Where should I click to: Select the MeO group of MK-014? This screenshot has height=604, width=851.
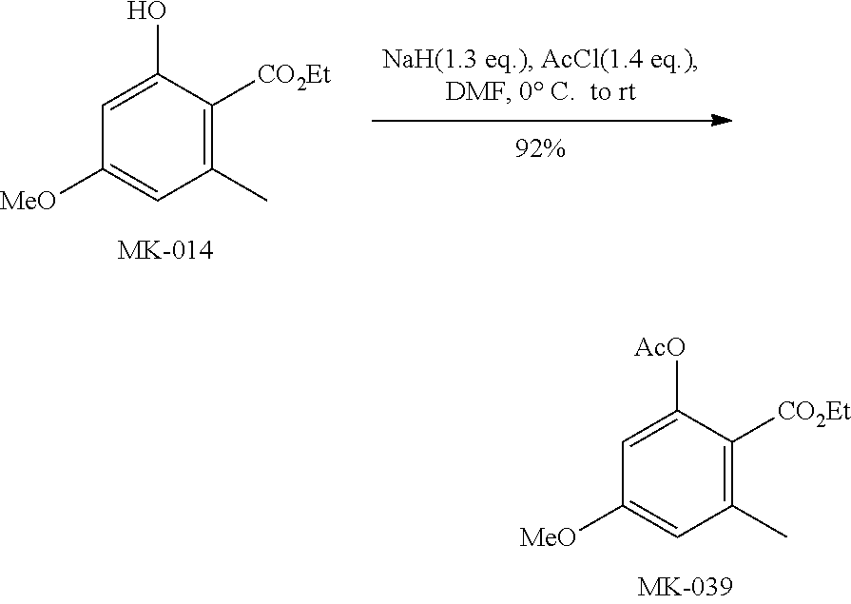[29, 201]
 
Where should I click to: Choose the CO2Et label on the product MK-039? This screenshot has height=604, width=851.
[813, 411]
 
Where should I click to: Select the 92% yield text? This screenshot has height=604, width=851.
[538, 148]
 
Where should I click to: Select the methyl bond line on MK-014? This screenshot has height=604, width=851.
[237, 186]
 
